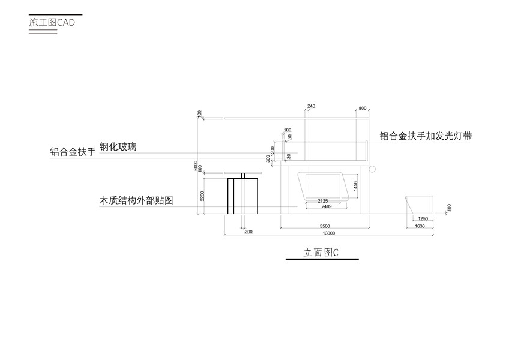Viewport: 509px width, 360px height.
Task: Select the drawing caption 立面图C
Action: [321, 253]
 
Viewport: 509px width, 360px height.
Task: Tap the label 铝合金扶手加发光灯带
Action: [425, 136]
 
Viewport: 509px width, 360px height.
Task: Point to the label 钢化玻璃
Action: [118, 146]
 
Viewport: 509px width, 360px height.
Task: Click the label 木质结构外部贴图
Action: [136, 201]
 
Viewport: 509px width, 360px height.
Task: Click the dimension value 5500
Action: [324, 226]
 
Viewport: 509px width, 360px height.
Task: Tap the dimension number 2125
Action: [323, 200]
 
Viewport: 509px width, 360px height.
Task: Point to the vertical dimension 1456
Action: [355, 187]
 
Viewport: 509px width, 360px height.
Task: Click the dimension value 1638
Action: [420, 226]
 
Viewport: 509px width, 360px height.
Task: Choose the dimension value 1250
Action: [423, 219]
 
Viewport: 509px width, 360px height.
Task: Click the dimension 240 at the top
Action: [310, 107]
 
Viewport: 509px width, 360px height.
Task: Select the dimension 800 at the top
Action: [362, 108]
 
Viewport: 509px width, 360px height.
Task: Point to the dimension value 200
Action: [249, 231]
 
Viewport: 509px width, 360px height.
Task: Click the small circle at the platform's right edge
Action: [371, 168]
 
